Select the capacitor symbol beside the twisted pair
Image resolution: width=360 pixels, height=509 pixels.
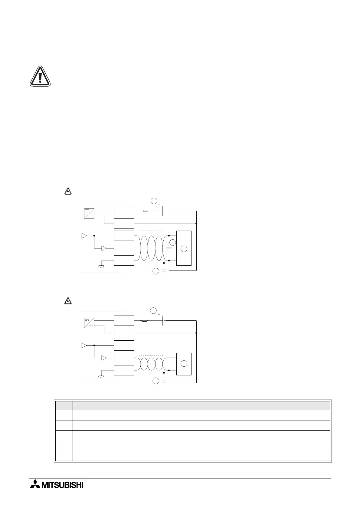169,248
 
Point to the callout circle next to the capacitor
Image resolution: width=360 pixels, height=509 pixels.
172,242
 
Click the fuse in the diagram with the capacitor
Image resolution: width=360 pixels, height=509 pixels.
145,211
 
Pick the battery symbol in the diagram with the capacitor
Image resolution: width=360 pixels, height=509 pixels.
164,211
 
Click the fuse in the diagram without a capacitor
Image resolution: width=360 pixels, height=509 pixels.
144,320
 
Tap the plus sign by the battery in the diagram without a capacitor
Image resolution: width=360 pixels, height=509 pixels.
159,314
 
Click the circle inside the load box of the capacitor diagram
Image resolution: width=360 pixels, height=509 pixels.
184,249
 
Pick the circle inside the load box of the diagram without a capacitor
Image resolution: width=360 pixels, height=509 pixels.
184,364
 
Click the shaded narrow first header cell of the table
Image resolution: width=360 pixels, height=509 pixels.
64,405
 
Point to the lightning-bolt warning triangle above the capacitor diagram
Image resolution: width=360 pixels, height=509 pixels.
68,191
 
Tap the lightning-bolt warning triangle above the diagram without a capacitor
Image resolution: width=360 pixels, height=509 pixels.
68,301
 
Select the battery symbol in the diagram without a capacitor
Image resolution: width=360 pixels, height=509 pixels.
164,320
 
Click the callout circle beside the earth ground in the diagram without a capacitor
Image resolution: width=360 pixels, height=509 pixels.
155,381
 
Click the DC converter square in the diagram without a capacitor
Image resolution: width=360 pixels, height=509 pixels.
90,323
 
